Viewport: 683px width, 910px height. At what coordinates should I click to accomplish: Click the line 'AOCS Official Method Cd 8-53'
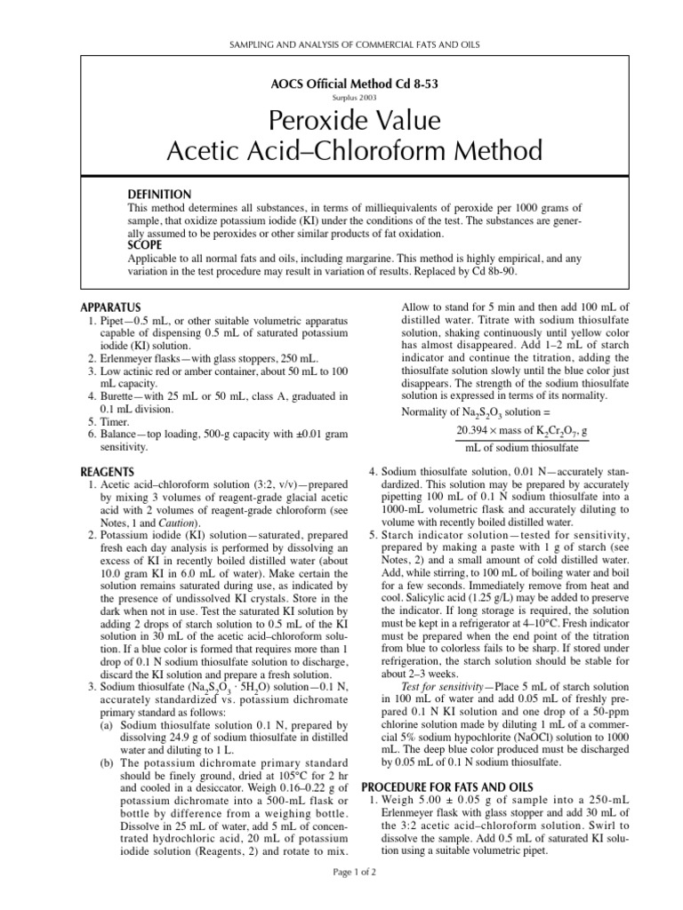pyautogui.click(x=341, y=84)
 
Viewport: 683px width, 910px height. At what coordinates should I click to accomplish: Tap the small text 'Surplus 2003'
pyautogui.click(x=341, y=98)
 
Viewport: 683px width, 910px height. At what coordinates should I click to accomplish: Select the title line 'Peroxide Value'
pyautogui.click(x=341, y=121)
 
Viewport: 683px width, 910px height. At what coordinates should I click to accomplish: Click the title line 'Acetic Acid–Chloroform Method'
pyautogui.click(x=341, y=151)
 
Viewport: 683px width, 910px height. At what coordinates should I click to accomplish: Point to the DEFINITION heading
pyautogui.click(x=160, y=194)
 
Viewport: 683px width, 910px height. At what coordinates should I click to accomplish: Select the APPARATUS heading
pyautogui.click(x=111, y=307)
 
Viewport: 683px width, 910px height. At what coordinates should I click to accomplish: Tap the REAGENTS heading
pyautogui.click(x=108, y=471)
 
